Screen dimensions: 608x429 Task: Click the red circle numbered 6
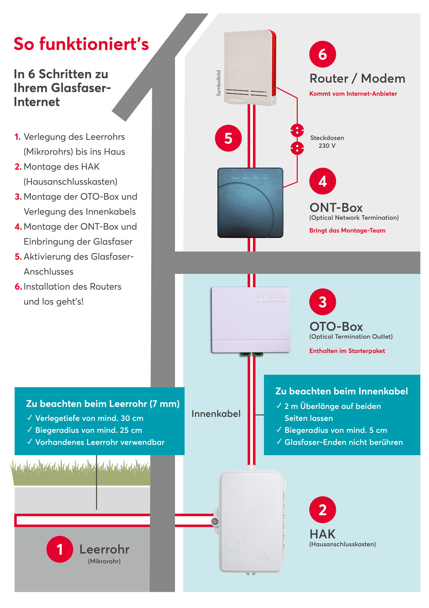pyautogui.click(x=323, y=54)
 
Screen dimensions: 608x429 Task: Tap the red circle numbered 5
pyautogui.click(x=228, y=138)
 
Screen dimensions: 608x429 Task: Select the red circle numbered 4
pyautogui.click(x=323, y=181)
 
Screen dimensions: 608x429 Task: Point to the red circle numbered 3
pyautogui.click(x=323, y=302)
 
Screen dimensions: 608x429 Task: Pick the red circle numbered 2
pyautogui.click(x=323, y=510)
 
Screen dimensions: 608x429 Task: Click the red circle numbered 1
pyautogui.click(x=60, y=549)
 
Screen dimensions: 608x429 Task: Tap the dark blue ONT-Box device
pyautogui.click(x=251, y=203)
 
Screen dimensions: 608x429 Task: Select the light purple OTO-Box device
pyautogui.click(x=251, y=320)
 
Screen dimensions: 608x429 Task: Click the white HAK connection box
pyautogui.click(x=251, y=521)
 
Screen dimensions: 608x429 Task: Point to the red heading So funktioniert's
pyautogui.click(x=81, y=44)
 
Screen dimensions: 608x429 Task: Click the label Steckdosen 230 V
pyautogui.click(x=327, y=142)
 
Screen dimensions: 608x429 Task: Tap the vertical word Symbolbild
pyautogui.click(x=219, y=83)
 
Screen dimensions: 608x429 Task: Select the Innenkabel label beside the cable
pyautogui.click(x=216, y=414)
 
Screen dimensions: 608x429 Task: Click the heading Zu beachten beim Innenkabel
pyautogui.click(x=341, y=391)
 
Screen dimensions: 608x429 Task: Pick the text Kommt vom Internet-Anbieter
pyautogui.click(x=353, y=94)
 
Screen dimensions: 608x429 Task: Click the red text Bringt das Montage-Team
pyautogui.click(x=347, y=230)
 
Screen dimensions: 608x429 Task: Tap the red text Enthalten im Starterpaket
pyautogui.click(x=347, y=351)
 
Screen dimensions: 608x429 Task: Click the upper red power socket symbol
pyautogui.click(x=297, y=130)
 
